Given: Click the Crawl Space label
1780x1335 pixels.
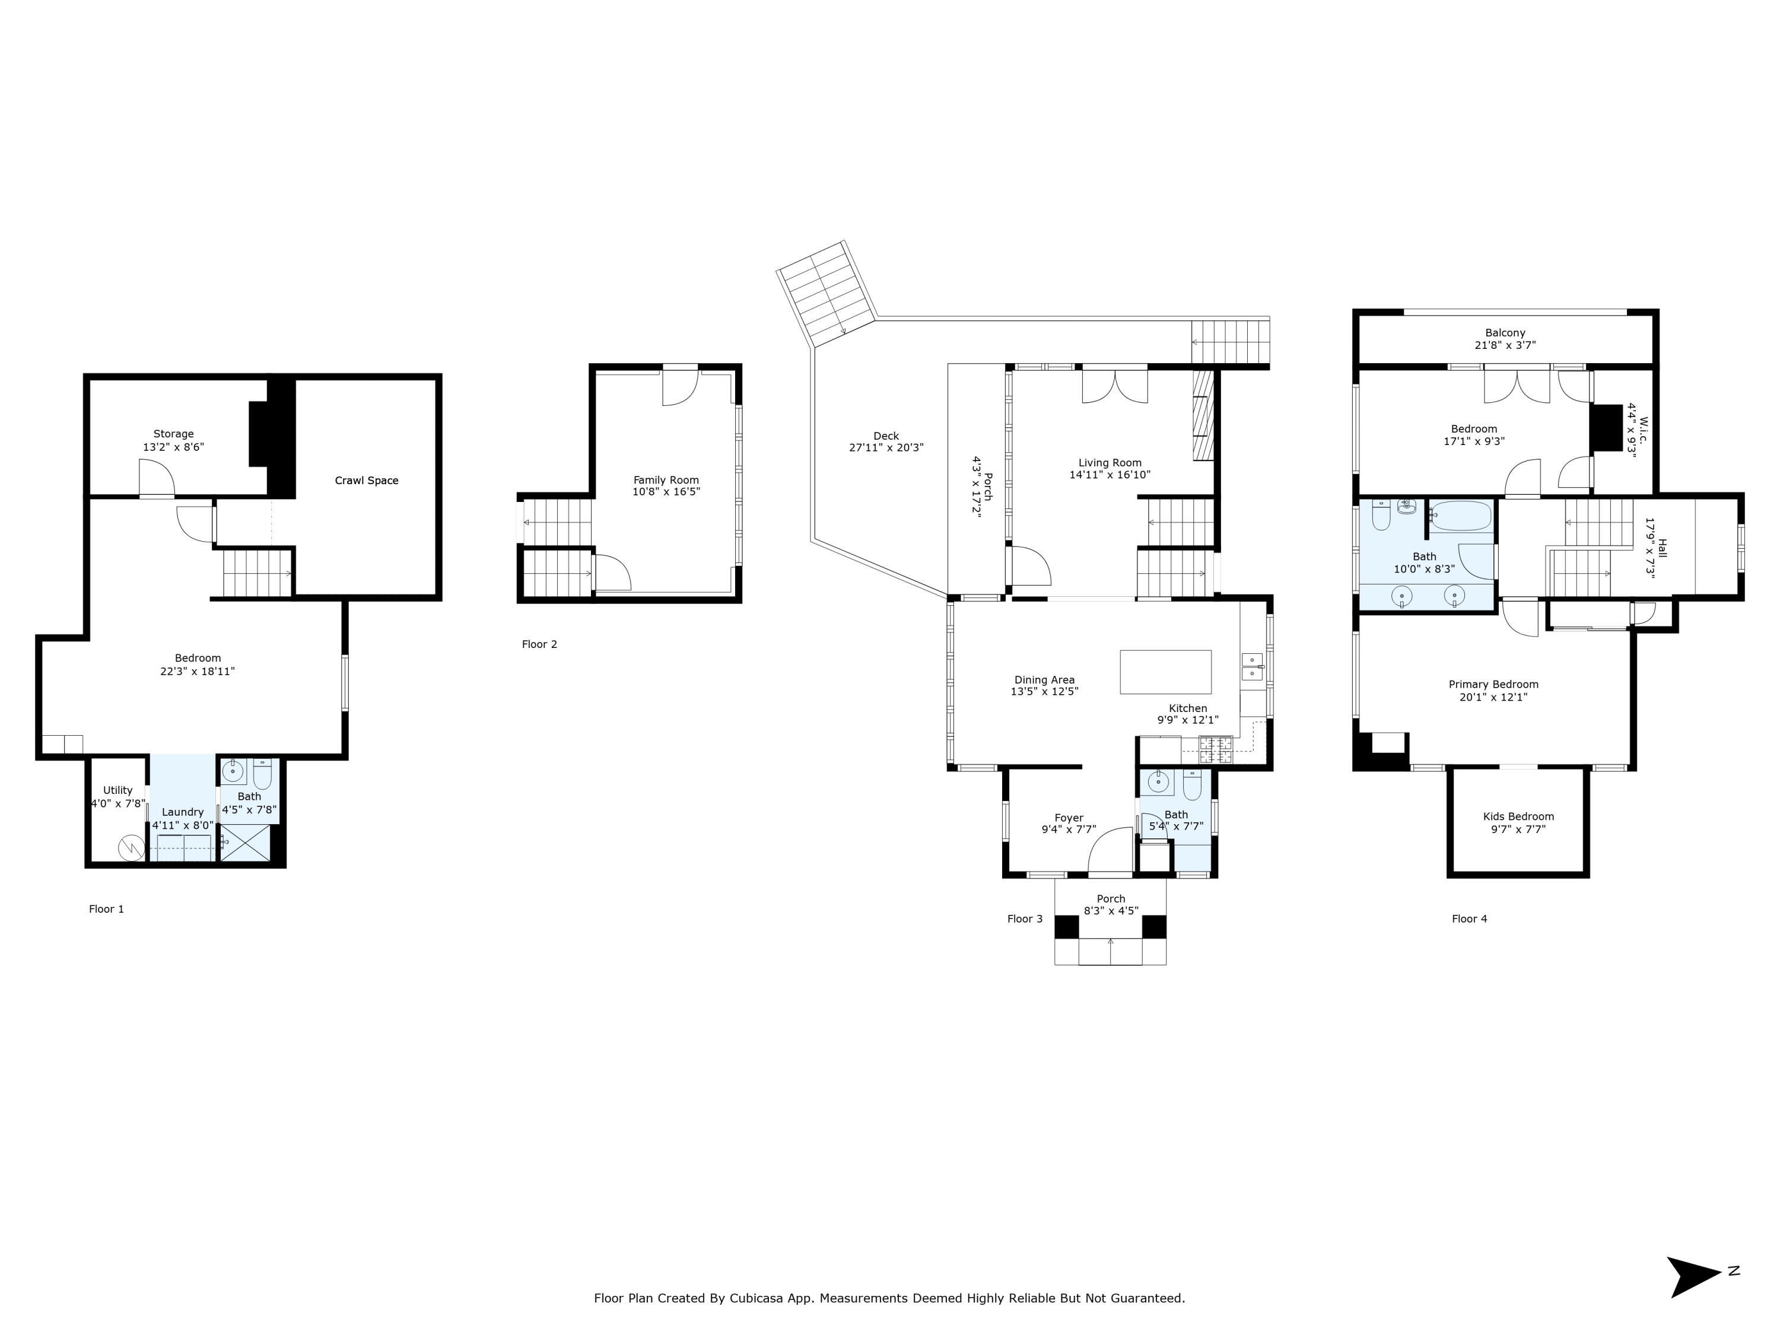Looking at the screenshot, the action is click(366, 481).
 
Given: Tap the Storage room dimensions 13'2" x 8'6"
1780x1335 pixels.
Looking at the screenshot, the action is click(173, 447).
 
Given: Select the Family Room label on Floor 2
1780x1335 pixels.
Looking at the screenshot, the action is click(666, 479).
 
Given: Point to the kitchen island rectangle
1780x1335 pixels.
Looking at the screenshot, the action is click(1165, 672).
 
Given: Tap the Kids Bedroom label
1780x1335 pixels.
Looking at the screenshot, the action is click(1518, 816).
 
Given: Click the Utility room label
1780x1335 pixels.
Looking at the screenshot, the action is click(117, 790).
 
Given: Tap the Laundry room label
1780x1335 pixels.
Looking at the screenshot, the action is click(183, 812).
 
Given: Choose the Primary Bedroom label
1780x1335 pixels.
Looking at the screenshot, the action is click(1493, 685).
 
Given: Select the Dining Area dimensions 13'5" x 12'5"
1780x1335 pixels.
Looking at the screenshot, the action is click(1044, 692).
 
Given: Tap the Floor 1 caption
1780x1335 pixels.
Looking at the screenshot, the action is click(106, 910).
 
